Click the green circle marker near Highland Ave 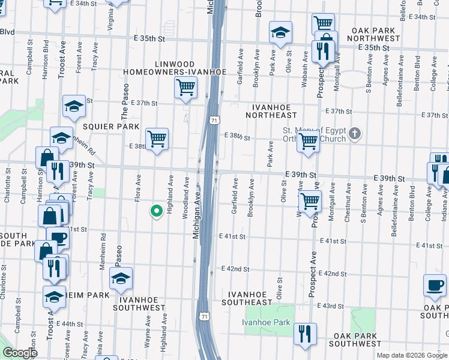156,211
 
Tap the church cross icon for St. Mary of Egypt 355,133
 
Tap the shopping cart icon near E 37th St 185,86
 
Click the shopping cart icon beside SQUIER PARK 157,139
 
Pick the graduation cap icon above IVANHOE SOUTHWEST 121,279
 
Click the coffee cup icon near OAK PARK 435,285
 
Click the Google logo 20,353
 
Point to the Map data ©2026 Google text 411,355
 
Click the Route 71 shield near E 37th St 214,121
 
